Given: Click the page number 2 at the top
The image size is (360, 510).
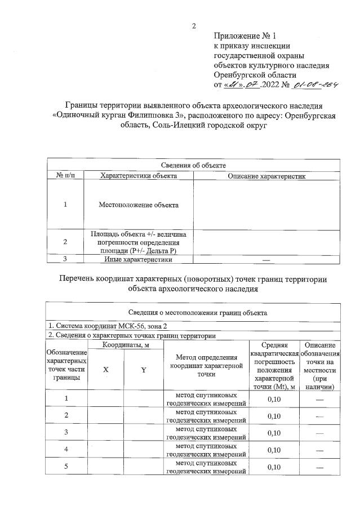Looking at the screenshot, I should point(194,26).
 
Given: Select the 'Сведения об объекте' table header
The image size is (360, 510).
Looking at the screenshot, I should point(194,165).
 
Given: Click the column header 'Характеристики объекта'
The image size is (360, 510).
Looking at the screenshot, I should point(139,176).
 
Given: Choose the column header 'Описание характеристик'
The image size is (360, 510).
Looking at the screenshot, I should point(266,176).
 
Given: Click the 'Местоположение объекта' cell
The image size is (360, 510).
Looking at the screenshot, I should point(139,205).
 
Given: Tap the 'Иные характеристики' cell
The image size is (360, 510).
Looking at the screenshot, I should point(139,260).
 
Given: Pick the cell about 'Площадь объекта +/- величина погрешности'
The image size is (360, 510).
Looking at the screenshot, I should point(139,242).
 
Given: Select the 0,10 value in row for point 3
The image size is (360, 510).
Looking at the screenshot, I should point(274,433).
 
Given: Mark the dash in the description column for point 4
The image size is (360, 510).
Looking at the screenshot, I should point(319,450).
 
